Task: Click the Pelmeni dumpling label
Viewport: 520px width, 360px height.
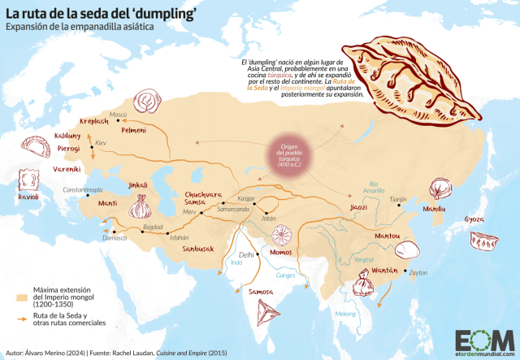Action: (x=134, y=130)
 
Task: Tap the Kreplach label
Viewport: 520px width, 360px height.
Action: (x=93, y=120)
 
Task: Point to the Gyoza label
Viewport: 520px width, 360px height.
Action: (x=474, y=219)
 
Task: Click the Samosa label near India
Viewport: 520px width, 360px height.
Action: (x=262, y=290)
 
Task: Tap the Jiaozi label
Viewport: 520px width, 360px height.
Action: (x=359, y=207)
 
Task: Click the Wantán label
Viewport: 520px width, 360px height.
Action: (x=384, y=270)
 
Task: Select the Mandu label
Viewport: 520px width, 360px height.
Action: (x=434, y=209)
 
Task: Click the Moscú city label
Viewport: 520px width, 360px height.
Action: (x=119, y=115)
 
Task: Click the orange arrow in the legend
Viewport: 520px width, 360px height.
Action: (x=20, y=319)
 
